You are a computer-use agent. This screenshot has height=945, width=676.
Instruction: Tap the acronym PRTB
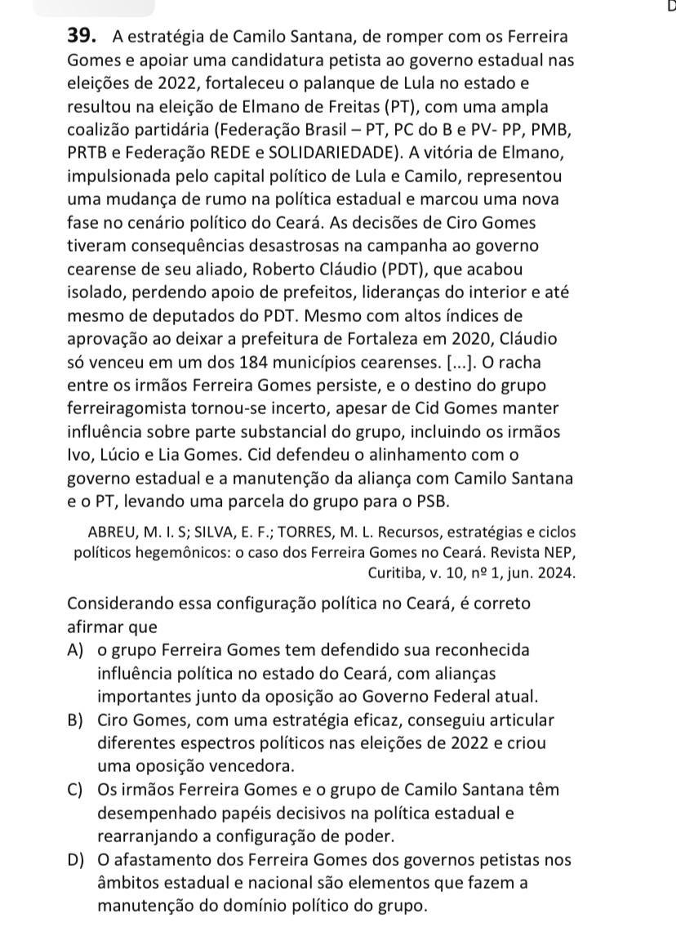pos(90,153)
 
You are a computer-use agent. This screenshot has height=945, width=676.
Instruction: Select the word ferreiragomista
pos(127,408)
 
